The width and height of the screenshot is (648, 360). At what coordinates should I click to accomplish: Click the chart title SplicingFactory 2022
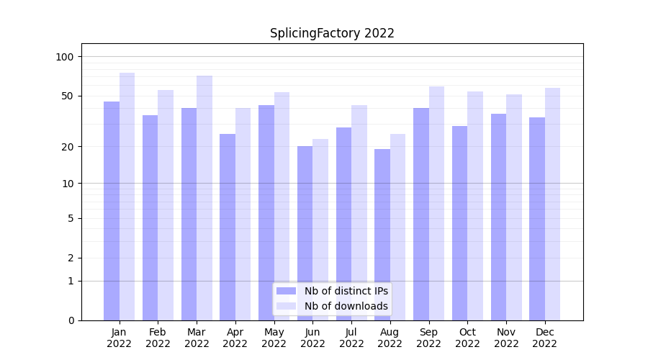click(x=332, y=33)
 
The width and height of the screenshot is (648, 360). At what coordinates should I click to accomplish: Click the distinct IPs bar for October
click(x=459, y=222)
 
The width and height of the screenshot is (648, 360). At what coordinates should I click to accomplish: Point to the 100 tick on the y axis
click(x=65, y=57)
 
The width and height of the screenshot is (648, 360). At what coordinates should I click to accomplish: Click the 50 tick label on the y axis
click(x=68, y=96)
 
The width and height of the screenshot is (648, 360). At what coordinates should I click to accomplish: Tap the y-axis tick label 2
click(x=71, y=258)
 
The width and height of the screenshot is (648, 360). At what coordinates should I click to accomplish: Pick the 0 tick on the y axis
click(x=71, y=320)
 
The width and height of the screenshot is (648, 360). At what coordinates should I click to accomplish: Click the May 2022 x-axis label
click(x=274, y=338)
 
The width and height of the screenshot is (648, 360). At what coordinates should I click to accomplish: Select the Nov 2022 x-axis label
click(x=506, y=338)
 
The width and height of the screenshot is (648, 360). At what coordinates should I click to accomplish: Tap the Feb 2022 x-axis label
click(x=158, y=338)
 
